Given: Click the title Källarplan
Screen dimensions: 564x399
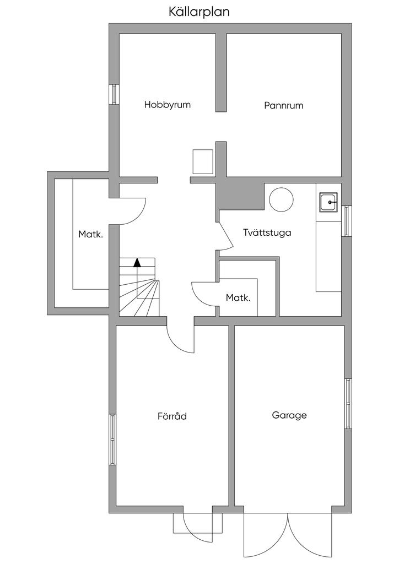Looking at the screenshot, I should [199, 12].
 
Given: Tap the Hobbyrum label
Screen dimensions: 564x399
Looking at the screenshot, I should [168, 104].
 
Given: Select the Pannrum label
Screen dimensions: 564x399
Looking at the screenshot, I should [283, 105].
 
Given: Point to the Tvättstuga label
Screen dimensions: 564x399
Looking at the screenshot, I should [267, 232].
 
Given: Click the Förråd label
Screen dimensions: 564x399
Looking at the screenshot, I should [172, 416].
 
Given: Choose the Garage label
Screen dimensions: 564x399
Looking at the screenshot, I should [289, 415].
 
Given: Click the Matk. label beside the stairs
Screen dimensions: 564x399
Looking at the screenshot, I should [90, 234].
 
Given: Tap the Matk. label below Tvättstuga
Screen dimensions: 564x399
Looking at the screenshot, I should [238, 298].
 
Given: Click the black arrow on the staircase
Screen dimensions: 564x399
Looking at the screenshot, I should [137, 262].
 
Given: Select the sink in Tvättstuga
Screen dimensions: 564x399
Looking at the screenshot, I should [329, 202].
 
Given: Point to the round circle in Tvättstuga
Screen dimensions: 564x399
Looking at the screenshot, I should [281, 199].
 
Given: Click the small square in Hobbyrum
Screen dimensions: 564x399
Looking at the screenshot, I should [202, 161].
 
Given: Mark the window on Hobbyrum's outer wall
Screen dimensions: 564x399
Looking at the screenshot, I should [114, 94].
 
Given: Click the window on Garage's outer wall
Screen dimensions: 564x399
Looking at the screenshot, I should [348, 403].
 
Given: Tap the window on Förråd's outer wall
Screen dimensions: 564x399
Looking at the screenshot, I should [112, 440].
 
